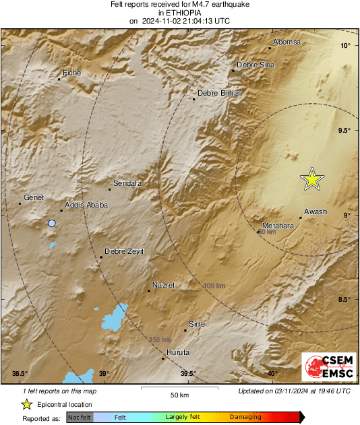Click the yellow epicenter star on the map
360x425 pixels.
tap(312, 179)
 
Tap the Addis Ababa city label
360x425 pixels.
tap(86, 205)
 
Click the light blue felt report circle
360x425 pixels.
tap(52, 223)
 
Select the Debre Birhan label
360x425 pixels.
tap(219, 93)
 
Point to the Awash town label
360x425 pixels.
tap(316, 211)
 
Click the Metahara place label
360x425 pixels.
tap(278, 226)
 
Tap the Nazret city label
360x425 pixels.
tap(163, 285)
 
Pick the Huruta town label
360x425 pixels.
tap(177, 352)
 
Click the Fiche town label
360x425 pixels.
tap(71, 72)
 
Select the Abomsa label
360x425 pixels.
tap(286, 42)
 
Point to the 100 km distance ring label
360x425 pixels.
tap(214, 286)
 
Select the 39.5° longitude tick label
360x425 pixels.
tap(188, 374)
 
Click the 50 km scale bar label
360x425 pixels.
tap(179, 394)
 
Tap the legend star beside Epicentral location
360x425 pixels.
tap(26, 404)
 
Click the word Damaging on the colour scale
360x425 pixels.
tap(245, 418)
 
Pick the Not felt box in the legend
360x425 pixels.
tap(80, 418)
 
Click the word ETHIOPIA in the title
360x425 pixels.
tap(179, 12)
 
